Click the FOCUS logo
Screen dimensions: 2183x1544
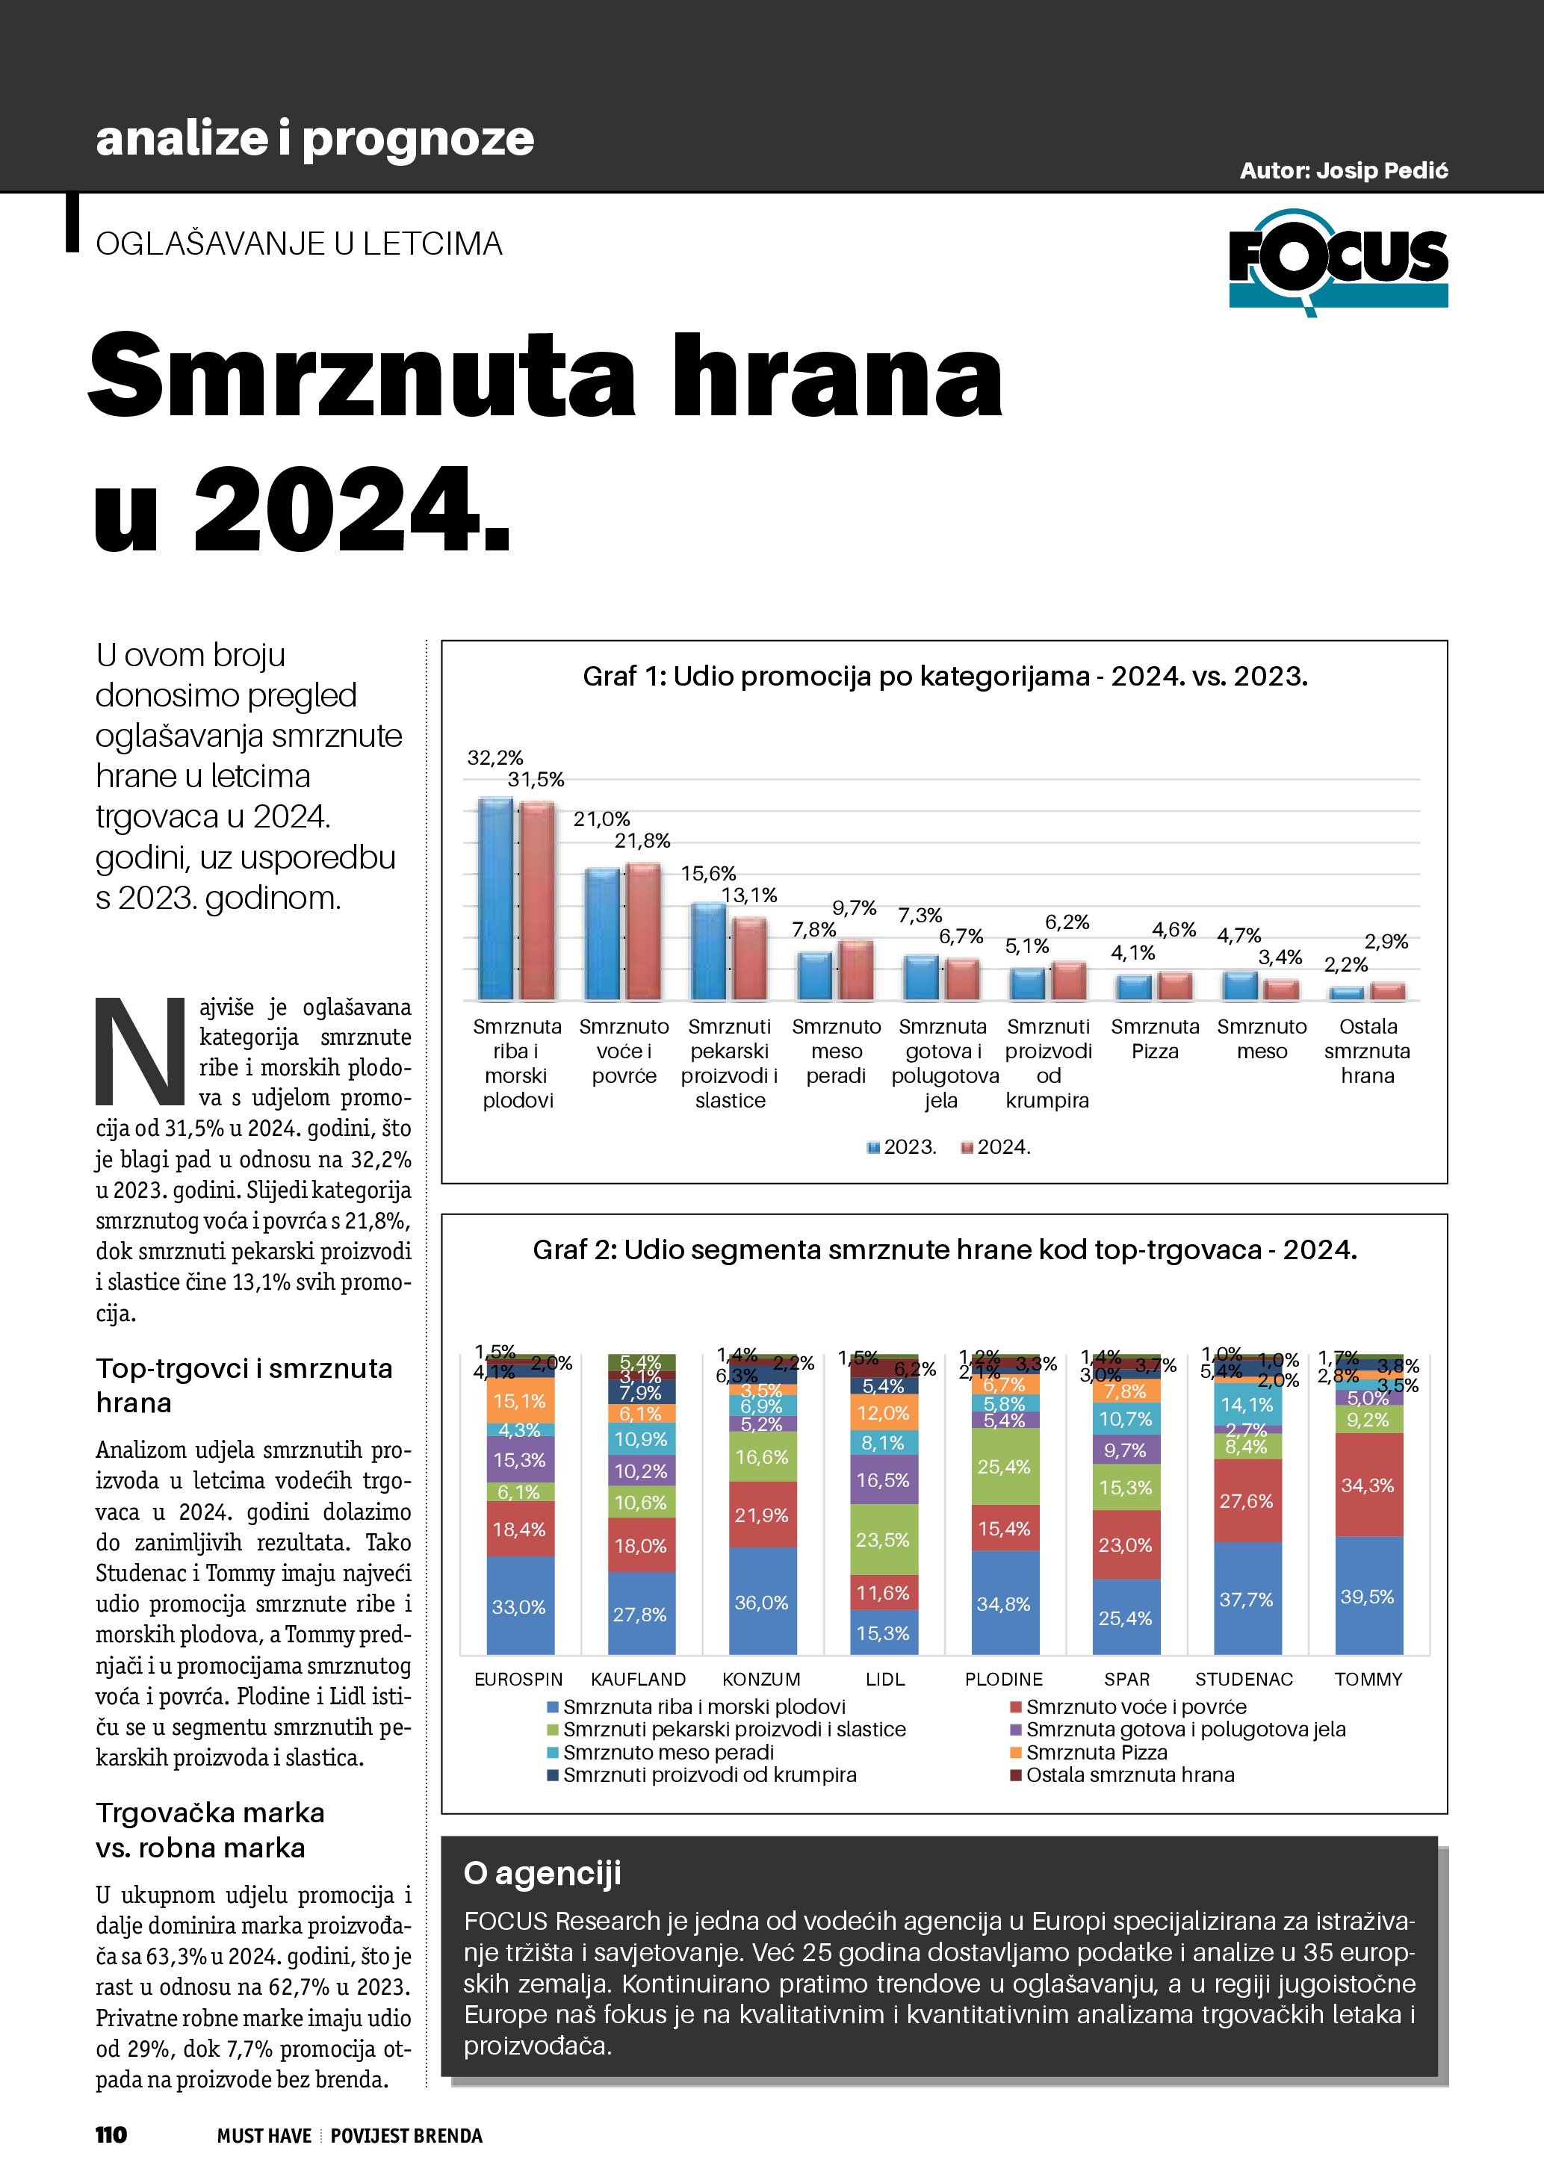1338,261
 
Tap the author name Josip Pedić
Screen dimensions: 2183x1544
1343,171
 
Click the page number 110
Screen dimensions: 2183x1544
111,2134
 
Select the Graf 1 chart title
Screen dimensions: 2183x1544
944,676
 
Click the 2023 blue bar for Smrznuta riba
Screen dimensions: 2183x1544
495,898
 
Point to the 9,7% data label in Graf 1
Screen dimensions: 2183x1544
854,908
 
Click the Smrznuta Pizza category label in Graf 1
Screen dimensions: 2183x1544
1154,1039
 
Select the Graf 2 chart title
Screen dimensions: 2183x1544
944,1249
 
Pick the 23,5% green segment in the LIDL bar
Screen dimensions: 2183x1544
883,1539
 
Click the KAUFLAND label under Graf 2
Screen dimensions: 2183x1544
638,1679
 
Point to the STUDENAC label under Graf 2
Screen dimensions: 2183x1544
1244,1679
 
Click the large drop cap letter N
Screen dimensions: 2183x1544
140,1052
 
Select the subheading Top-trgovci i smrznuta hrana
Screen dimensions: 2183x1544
244,1385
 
